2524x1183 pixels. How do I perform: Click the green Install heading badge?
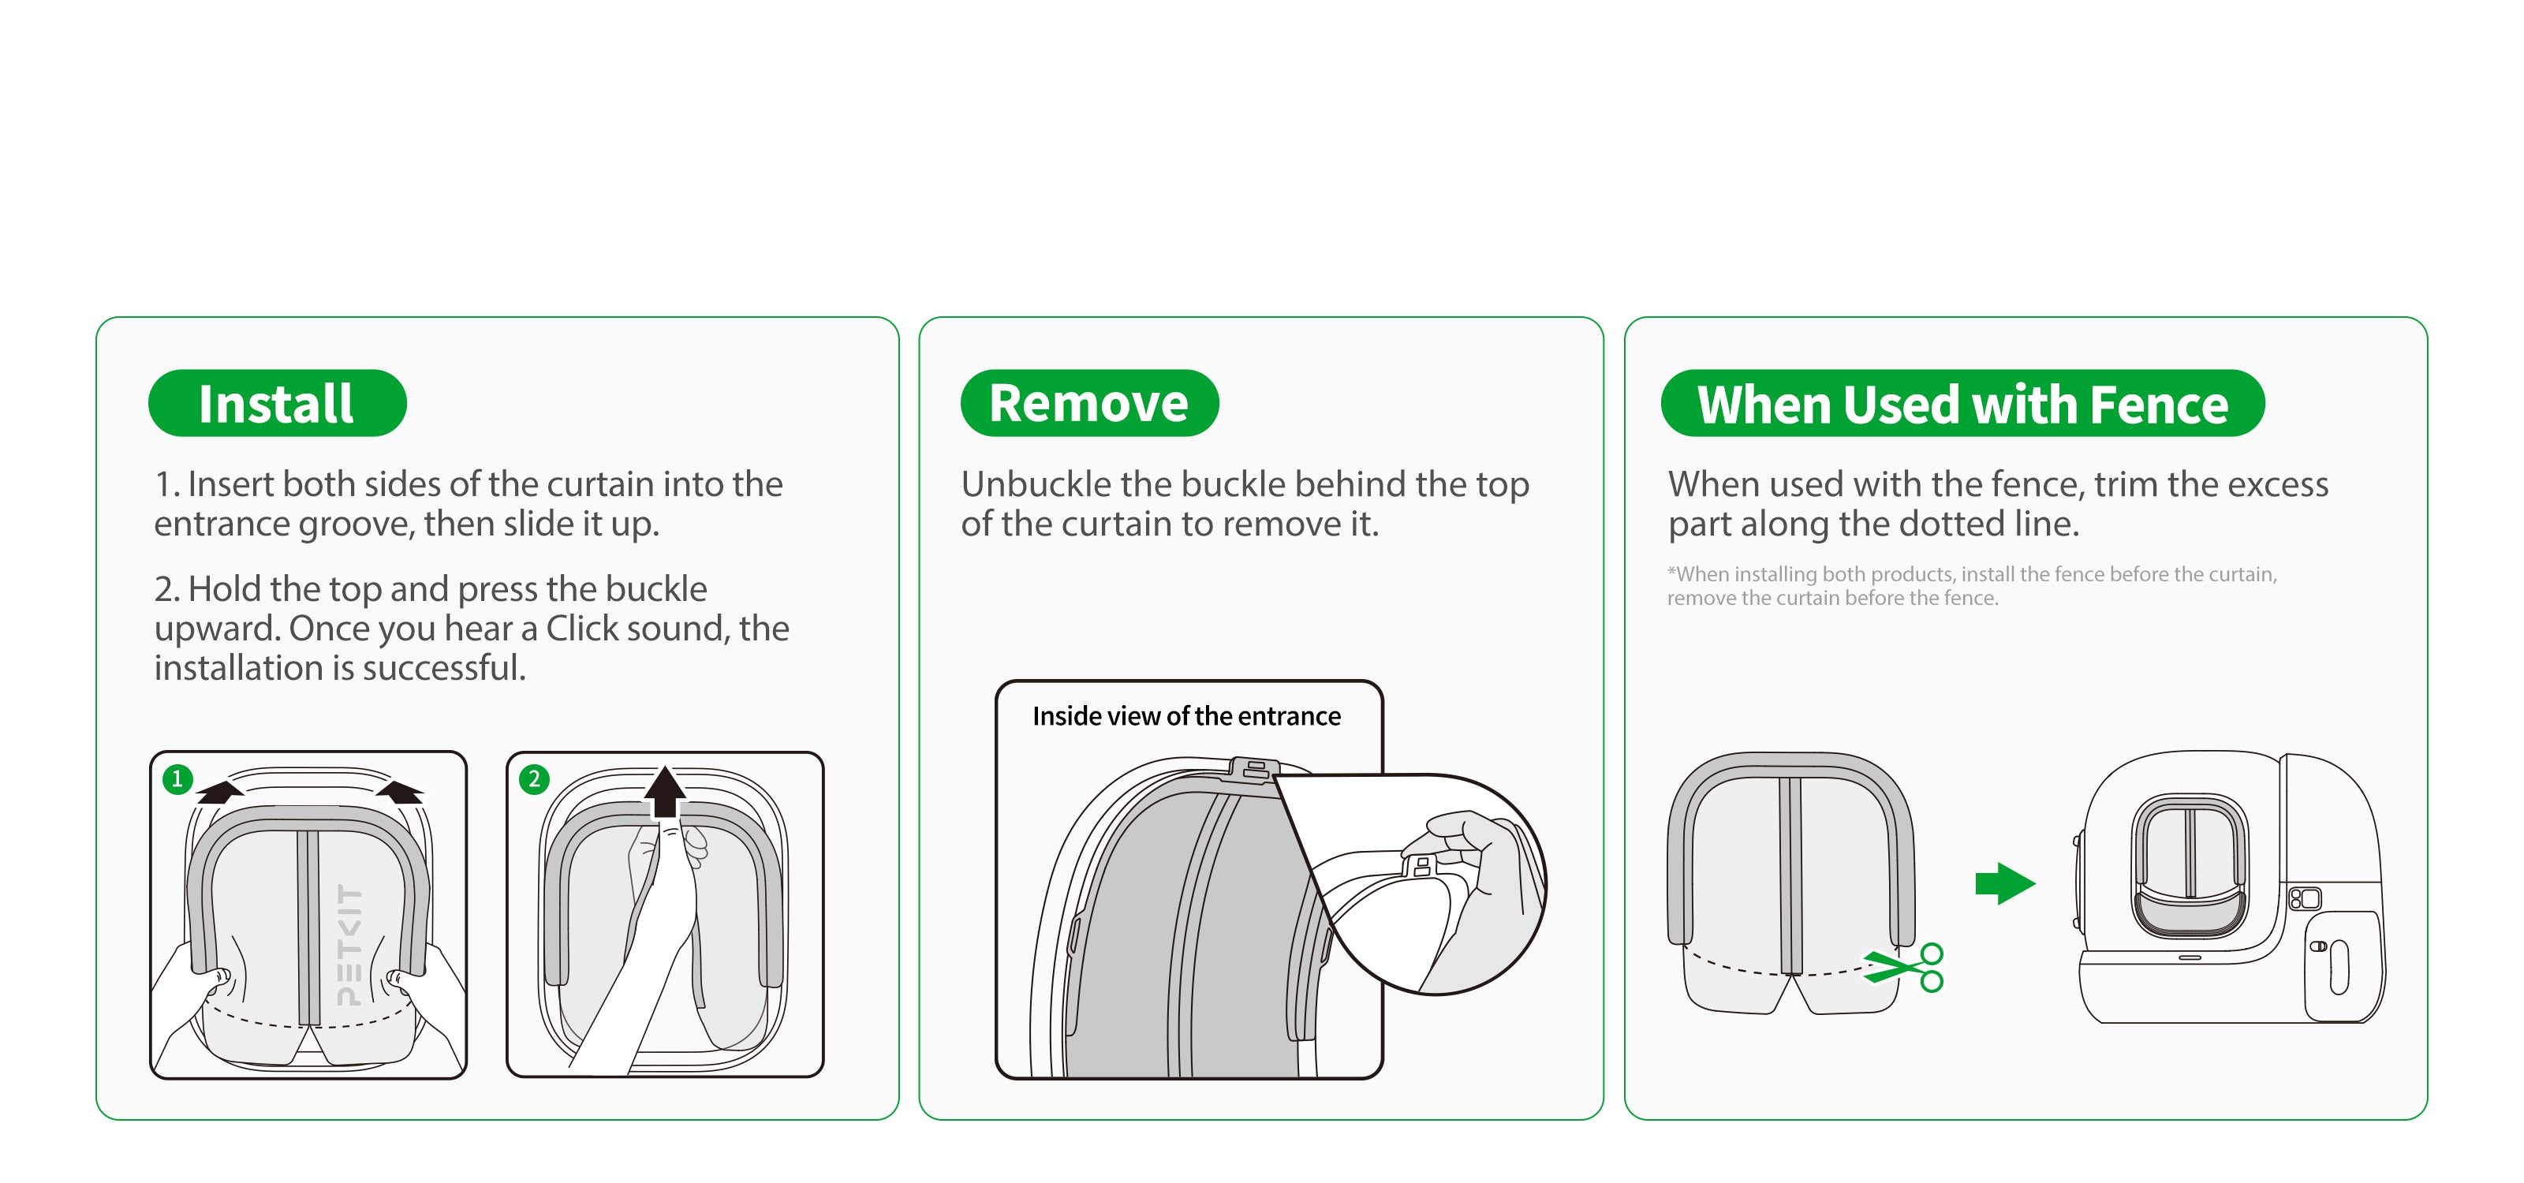278,402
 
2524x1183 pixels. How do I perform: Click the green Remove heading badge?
1089,402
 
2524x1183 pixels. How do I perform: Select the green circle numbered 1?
177,778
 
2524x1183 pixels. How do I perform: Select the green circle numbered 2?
534,779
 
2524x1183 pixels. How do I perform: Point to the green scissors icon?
1905,968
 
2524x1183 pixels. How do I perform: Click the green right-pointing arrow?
2006,883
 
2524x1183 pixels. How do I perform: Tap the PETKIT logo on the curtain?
349,945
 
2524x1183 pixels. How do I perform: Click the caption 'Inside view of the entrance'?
1186,716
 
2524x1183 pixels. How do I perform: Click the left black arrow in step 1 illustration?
219,790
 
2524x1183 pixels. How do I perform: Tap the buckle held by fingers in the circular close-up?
1421,864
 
